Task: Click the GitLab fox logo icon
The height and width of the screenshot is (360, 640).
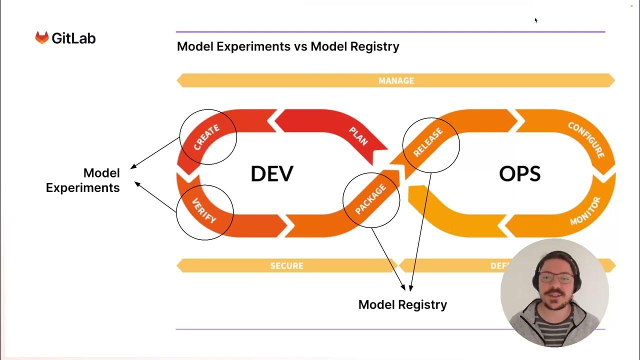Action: point(41,38)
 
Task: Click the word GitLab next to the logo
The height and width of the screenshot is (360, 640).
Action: point(73,38)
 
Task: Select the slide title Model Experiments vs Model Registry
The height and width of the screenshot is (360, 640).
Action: point(288,46)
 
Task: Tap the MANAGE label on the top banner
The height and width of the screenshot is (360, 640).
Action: point(396,80)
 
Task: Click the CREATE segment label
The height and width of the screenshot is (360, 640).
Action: point(206,137)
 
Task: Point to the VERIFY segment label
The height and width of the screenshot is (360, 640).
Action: point(204,211)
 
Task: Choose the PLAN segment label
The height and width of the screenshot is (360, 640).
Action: point(358,135)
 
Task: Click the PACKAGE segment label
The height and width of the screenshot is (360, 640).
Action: point(370,199)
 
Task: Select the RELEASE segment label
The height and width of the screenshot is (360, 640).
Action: point(428,142)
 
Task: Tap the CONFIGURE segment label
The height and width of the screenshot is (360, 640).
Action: point(586,140)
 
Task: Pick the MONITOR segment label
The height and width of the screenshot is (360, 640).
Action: point(585,211)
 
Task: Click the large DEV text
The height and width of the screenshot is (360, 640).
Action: point(271,173)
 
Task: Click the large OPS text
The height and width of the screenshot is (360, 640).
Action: point(519,173)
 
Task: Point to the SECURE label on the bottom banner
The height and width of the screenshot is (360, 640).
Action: point(287,266)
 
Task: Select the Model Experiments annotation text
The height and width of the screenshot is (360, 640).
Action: point(83,180)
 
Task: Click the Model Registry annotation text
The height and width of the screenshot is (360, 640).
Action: point(402,304)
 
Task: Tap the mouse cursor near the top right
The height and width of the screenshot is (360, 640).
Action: point(535,20)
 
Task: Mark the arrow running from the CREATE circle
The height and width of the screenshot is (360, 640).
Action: point(154,153)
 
